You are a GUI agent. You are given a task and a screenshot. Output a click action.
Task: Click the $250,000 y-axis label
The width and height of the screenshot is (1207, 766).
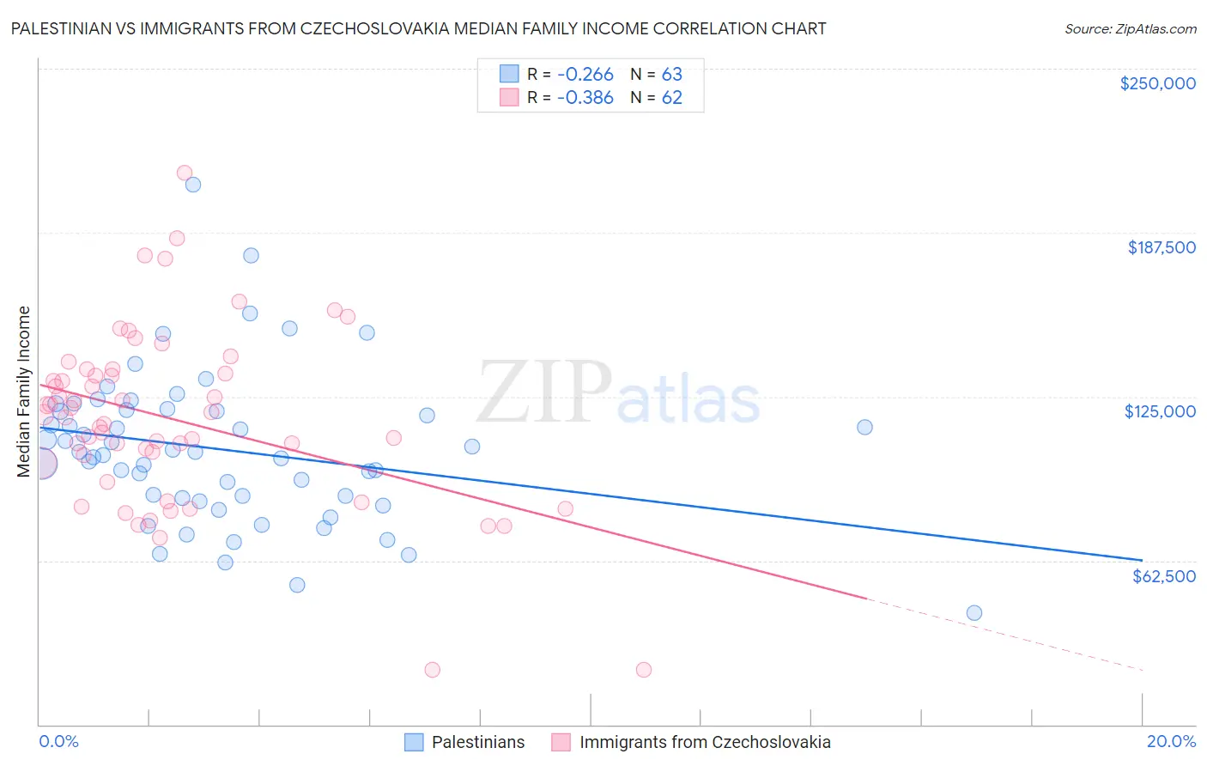pyautogui.click(x=1157, y=83)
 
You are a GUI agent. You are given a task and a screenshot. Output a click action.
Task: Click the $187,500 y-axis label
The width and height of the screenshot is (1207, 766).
pyautogui.click(x=1161, y=247)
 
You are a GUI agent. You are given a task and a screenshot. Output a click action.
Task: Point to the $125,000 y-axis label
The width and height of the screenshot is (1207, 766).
pyautogui.click(x=1160, y=411)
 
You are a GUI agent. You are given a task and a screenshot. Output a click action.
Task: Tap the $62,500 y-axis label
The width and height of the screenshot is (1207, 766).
pyautogui.click(x=1163, y=575)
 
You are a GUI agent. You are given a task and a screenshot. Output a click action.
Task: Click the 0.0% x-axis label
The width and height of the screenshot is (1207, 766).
pyautogui.click(x=58, y=741)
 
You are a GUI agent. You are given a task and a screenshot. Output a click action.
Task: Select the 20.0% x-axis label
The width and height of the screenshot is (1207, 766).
pyautogui.click(x=1171, y=741)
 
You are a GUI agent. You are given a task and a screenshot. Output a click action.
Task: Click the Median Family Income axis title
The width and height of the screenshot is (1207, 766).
pyautogui.click(x=23, y=391)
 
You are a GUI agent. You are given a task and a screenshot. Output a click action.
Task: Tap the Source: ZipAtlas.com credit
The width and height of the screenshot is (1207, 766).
pyautogui.click(x=1130, y=28)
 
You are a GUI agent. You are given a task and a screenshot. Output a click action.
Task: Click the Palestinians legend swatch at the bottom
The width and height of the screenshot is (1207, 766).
pyautogui.click(x=415, y=742)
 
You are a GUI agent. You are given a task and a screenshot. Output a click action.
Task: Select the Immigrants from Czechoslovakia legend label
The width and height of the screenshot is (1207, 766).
pyautogui.click(x=705, y=742)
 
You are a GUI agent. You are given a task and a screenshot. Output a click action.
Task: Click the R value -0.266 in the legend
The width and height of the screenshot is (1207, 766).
pyautogui.click(x=585, y=74)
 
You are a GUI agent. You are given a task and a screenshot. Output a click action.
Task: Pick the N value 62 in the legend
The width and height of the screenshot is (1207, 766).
pyautogui.click(x=671, y=98)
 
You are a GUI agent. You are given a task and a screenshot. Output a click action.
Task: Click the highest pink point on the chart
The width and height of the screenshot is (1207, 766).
pyautogui.click(x=184, y=173)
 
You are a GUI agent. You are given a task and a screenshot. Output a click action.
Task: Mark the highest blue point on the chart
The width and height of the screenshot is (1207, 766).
pyautogui.click(x=193, y=185)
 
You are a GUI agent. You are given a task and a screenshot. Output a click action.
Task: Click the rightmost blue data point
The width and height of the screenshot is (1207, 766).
pyautogui.click(x=973, y=613)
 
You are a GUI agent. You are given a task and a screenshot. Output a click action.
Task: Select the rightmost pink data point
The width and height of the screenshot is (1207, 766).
pyautogui.click(x=644, y=670)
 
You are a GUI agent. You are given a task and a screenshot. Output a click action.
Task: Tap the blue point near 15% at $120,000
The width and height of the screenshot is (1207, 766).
pyautogui.click(x=864, y=428)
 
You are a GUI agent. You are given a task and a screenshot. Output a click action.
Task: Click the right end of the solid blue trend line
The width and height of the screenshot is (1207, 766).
pyautogui.click(x=1142, y=560)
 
